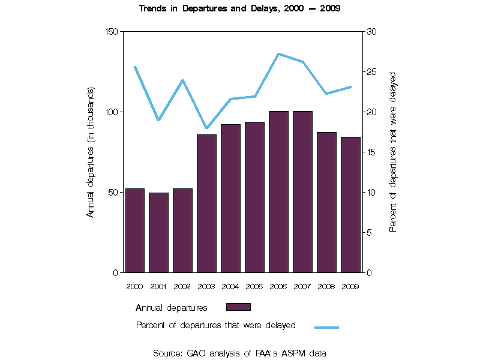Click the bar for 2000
135,230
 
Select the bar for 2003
207,203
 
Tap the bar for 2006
278,192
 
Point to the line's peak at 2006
278,54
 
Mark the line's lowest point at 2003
207,128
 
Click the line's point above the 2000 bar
135,67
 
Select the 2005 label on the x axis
254,286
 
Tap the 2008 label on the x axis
326,286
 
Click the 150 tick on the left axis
112,32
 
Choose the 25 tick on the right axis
371,72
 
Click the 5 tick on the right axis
369,233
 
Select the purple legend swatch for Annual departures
238,307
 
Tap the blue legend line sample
326,327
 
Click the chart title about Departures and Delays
239,9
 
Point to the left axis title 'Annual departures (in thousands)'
91,152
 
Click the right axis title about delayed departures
394,152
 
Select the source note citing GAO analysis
239,353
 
